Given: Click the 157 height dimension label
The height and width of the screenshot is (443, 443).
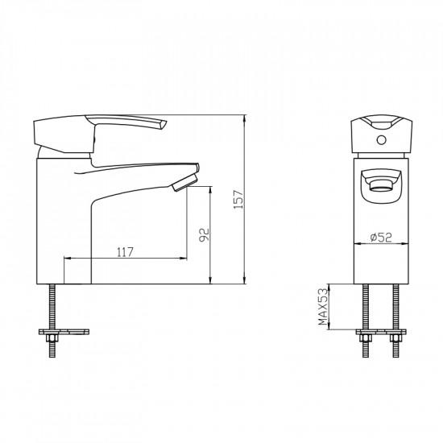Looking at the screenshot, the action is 238,199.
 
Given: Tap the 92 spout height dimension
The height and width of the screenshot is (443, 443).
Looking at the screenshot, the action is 204,235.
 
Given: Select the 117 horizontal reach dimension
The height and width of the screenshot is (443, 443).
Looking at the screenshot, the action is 125,252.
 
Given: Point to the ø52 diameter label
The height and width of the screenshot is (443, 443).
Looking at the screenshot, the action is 382,238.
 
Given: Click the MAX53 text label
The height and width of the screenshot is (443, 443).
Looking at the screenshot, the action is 324,307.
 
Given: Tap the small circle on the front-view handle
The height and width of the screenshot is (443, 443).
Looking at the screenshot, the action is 382,140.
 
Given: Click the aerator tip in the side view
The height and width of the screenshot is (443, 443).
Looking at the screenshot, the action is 184,182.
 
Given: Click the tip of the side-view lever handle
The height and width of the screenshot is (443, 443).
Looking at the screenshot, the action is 163,124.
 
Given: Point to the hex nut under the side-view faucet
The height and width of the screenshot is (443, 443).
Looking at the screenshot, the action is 52,337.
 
